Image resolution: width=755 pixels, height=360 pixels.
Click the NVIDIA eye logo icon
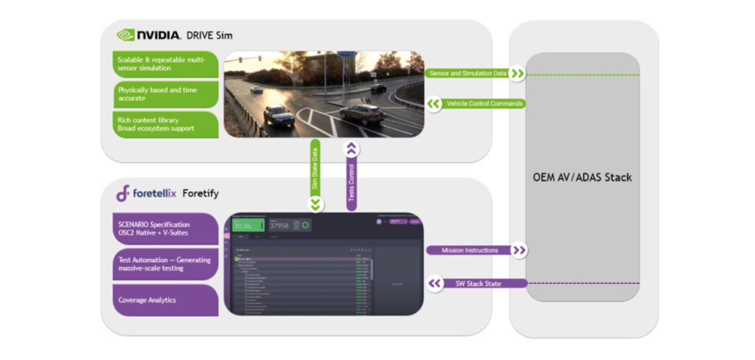tap(126, 35)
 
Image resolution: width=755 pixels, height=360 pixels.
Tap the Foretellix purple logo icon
tap(123, 193)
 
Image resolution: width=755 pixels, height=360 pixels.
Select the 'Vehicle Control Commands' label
tap(484, 104)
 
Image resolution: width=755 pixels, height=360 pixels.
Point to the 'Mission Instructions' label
tap(469, 251)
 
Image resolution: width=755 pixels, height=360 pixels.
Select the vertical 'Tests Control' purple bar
tap(352, 176)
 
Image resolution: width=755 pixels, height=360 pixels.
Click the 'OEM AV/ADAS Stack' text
tap(582, 177)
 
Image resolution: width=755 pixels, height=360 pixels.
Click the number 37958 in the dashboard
tap(279, 226)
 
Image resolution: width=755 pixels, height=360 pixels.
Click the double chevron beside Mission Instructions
tap(519, 251)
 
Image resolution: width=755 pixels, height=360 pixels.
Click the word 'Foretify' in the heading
tap(201, 194)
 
